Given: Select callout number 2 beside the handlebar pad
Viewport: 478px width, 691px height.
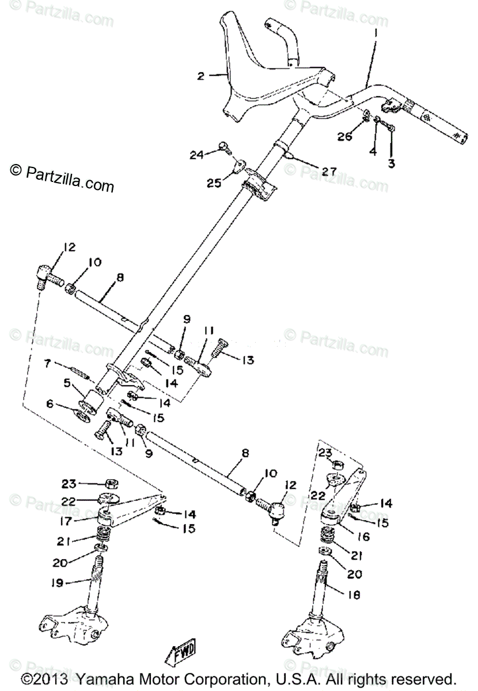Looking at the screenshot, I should tap(200, 75).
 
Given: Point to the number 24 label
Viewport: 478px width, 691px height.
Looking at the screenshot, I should tap(197, 154).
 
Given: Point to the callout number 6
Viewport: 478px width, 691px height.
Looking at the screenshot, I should tap(50, 405).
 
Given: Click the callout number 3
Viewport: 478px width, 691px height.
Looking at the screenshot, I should tap(392, 164).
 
